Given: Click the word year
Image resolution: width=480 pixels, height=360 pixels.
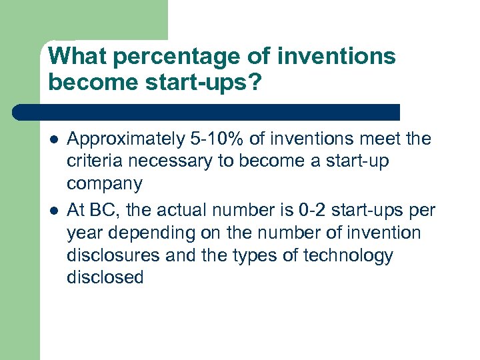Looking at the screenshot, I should click(x=83, y=233).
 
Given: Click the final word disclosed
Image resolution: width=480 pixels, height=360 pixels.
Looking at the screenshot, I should click(x=105, y=278).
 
